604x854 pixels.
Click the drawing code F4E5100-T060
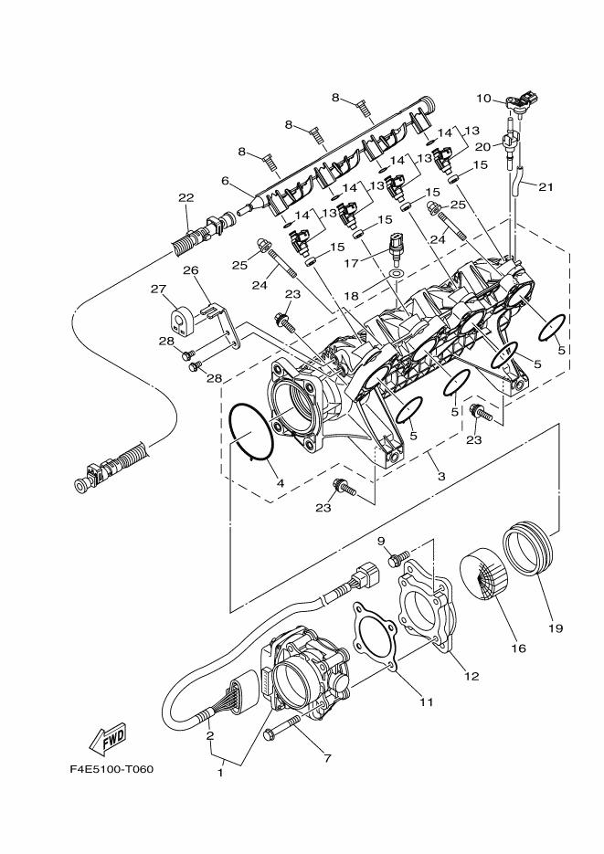(x=111, y=768)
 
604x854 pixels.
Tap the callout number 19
(x=556, y=628)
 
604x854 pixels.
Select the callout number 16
(x=518, y=648)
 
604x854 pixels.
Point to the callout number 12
(x=472, y=677)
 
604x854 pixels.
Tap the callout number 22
(x=186, y=198)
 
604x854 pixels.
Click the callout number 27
(x=158, y=290)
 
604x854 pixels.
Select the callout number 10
(x=483, y=97)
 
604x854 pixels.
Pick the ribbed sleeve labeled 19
(x=529, y=549)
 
